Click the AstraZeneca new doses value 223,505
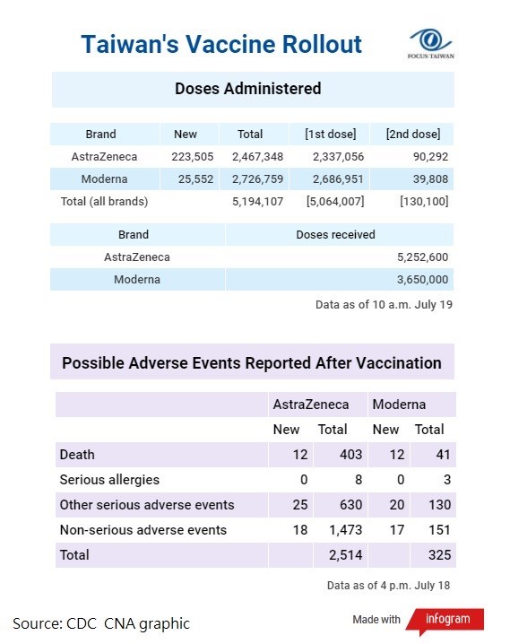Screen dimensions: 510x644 pyautogui.click(x=193, y=156)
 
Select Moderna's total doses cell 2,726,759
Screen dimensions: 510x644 pyautogui.click(x=257, y=179)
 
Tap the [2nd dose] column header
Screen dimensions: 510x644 pyautogui.click(x=413, y=134)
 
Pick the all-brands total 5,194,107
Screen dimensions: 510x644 pyautogui.click(x=257, y=201)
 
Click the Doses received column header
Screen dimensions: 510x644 pyautogui.click(x=335, y=234)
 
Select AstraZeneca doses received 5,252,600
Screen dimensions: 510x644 pyautogui.click(x=422, y=257)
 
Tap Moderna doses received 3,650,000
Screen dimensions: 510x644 pyautogui.click(x=422, y=280)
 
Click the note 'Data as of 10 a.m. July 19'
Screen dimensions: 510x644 pyautogui.click(x=384, y=305)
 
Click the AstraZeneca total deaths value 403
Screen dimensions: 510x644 pyautogui.click(x=350, y=455)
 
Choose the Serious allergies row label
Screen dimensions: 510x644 pyautogui.click(x=109, y=480)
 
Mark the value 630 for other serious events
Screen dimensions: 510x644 pyautogui.click(x=350, y=505)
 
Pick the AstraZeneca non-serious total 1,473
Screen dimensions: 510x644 pyautogui.click(x=345, y=530)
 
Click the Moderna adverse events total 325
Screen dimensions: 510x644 pyautogui.click(x=439, y=555)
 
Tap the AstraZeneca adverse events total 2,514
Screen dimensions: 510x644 pyautogui.click(x=345, y=555)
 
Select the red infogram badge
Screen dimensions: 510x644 pyautogui.click(x=445, y=620)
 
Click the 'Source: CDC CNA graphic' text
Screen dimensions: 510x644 pyautogui.click(x=101, y=623)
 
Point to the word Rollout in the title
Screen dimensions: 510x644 pyautogui.click(x=322, y=44)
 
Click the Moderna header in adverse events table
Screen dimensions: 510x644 pyautogui.click(x=399, y=405)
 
